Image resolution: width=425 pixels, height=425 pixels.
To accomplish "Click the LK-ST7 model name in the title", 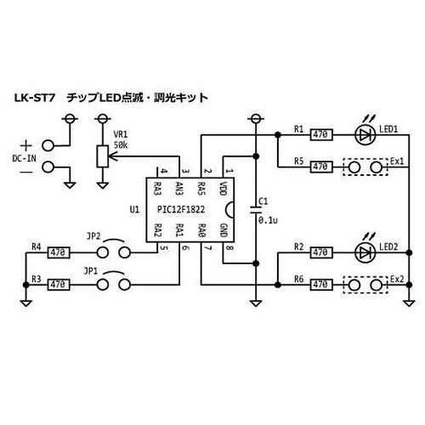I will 33,98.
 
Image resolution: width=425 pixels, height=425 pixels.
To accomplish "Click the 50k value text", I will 121,146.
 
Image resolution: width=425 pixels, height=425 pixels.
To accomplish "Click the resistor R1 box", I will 321,134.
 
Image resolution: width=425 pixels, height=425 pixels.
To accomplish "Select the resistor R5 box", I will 321,167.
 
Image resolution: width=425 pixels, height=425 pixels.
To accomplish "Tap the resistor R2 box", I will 321,252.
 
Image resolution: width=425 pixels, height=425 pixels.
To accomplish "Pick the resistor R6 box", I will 321,285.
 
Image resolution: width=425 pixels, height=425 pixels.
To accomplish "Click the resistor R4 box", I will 58,252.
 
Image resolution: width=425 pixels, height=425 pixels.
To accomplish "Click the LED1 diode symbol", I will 365,134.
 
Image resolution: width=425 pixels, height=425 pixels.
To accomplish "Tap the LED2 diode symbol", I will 365,252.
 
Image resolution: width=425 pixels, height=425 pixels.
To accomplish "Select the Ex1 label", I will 397,160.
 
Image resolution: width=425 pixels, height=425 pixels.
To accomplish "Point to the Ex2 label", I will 397,278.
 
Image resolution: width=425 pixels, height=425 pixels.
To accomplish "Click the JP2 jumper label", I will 94,237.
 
